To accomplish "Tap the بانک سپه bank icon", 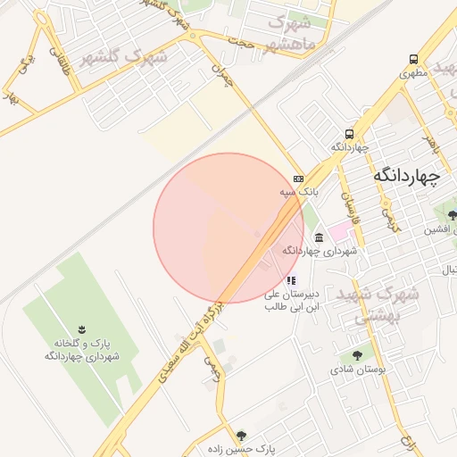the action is point(297,178).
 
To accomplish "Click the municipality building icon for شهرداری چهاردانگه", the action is point(319,237).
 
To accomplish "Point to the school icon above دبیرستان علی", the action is point(291,279).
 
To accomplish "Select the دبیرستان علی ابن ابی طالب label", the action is point(291,299).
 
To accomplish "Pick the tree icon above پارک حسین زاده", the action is point(241,436).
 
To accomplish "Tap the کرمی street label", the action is point(389,216).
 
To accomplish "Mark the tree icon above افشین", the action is point(453,214).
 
